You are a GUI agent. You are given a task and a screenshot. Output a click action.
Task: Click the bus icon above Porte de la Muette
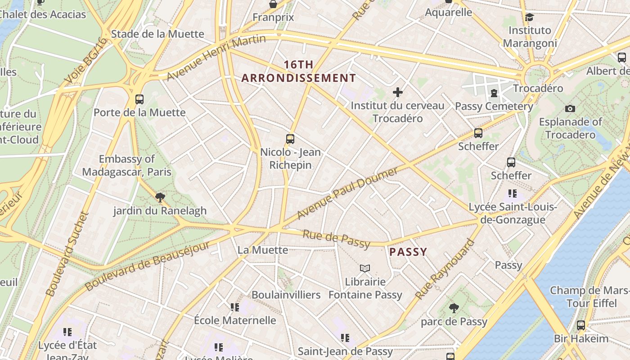click(x=139, y=99)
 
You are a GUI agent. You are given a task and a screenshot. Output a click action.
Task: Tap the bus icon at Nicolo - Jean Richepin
click(x=290, y=139)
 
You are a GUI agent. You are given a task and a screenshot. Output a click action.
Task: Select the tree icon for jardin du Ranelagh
click(x=160, y=197)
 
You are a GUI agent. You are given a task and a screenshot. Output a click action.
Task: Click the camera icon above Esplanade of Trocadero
click(x=570, y=108)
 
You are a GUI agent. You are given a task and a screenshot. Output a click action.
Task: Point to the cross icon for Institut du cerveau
click(x=398, y=92)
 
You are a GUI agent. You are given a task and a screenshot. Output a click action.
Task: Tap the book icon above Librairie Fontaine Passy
click(x=365, y=269)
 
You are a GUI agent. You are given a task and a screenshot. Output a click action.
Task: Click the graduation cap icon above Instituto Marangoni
click(x=530, y=17)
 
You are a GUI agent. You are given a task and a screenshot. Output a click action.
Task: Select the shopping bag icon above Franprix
click(x=273, y=4)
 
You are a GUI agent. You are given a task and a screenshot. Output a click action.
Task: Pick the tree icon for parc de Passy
click(x=454, y=308)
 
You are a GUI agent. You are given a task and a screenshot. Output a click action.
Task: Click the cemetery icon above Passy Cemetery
click(x=494, y=93)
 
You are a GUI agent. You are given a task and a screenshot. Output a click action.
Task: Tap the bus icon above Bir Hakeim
click(x=581, y=325)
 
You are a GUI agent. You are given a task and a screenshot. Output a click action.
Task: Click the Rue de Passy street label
click(x=336, y=239)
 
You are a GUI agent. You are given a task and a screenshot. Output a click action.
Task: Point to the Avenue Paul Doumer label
click(x=347, y=193)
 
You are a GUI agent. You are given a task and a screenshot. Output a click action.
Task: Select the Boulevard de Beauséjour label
click(x=147, y=266)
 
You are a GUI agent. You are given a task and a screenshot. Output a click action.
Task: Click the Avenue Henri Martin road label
click(x=216, y=58)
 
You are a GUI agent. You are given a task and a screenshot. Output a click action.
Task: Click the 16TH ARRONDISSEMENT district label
click(x=299, y=71)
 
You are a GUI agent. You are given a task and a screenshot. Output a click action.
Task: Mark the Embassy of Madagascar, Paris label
click(x=127, y=165)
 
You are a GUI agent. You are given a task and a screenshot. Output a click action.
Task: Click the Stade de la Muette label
click(x=157, y=34)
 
